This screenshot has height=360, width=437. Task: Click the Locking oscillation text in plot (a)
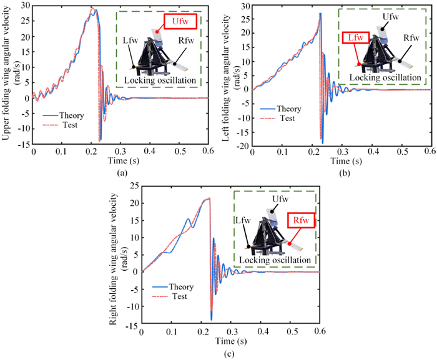click(x=160, y=80)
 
